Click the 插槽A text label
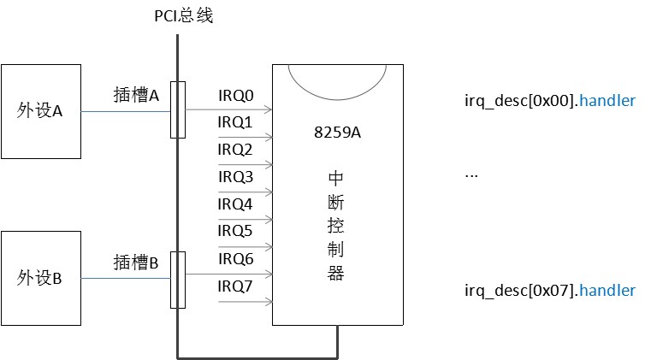137,96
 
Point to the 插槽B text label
137,263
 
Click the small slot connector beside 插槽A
178,109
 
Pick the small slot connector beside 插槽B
178,279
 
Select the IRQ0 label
235,96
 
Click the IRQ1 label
235,123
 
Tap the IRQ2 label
235,150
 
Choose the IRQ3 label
235,177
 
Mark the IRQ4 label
235,204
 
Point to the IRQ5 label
235,231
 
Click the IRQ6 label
235,258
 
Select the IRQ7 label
235,286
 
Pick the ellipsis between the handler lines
470,174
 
